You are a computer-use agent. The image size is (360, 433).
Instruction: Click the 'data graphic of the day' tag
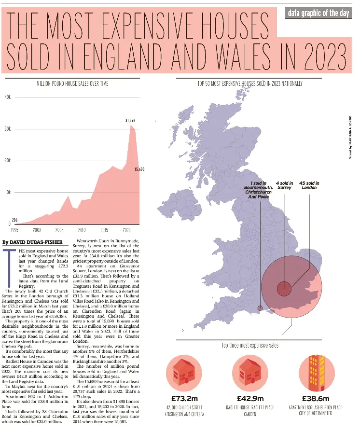(318, 13)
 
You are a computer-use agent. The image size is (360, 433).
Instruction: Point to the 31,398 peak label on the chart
(130, 120)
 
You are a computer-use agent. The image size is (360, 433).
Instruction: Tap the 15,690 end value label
(139, 169)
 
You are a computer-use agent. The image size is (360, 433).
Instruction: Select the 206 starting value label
(15, 220)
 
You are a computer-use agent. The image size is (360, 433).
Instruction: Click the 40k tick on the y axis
(8, 98)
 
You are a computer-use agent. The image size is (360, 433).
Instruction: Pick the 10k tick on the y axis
(8, 192)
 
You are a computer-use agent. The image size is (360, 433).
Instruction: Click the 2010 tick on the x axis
(82, 230)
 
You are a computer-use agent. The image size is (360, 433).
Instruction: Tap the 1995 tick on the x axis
(14, 230)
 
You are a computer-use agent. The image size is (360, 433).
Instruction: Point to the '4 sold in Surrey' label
(284, 185)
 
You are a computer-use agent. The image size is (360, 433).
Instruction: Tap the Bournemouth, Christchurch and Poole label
(258, 190)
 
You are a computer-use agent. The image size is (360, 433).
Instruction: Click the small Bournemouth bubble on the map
(261, 307)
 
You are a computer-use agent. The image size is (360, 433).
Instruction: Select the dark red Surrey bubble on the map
(284, 289)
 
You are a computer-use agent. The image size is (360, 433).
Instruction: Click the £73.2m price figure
(185, 399)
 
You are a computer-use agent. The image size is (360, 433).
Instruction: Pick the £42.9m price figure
(250, 399)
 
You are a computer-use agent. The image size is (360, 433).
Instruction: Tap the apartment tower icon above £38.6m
(315, 373)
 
